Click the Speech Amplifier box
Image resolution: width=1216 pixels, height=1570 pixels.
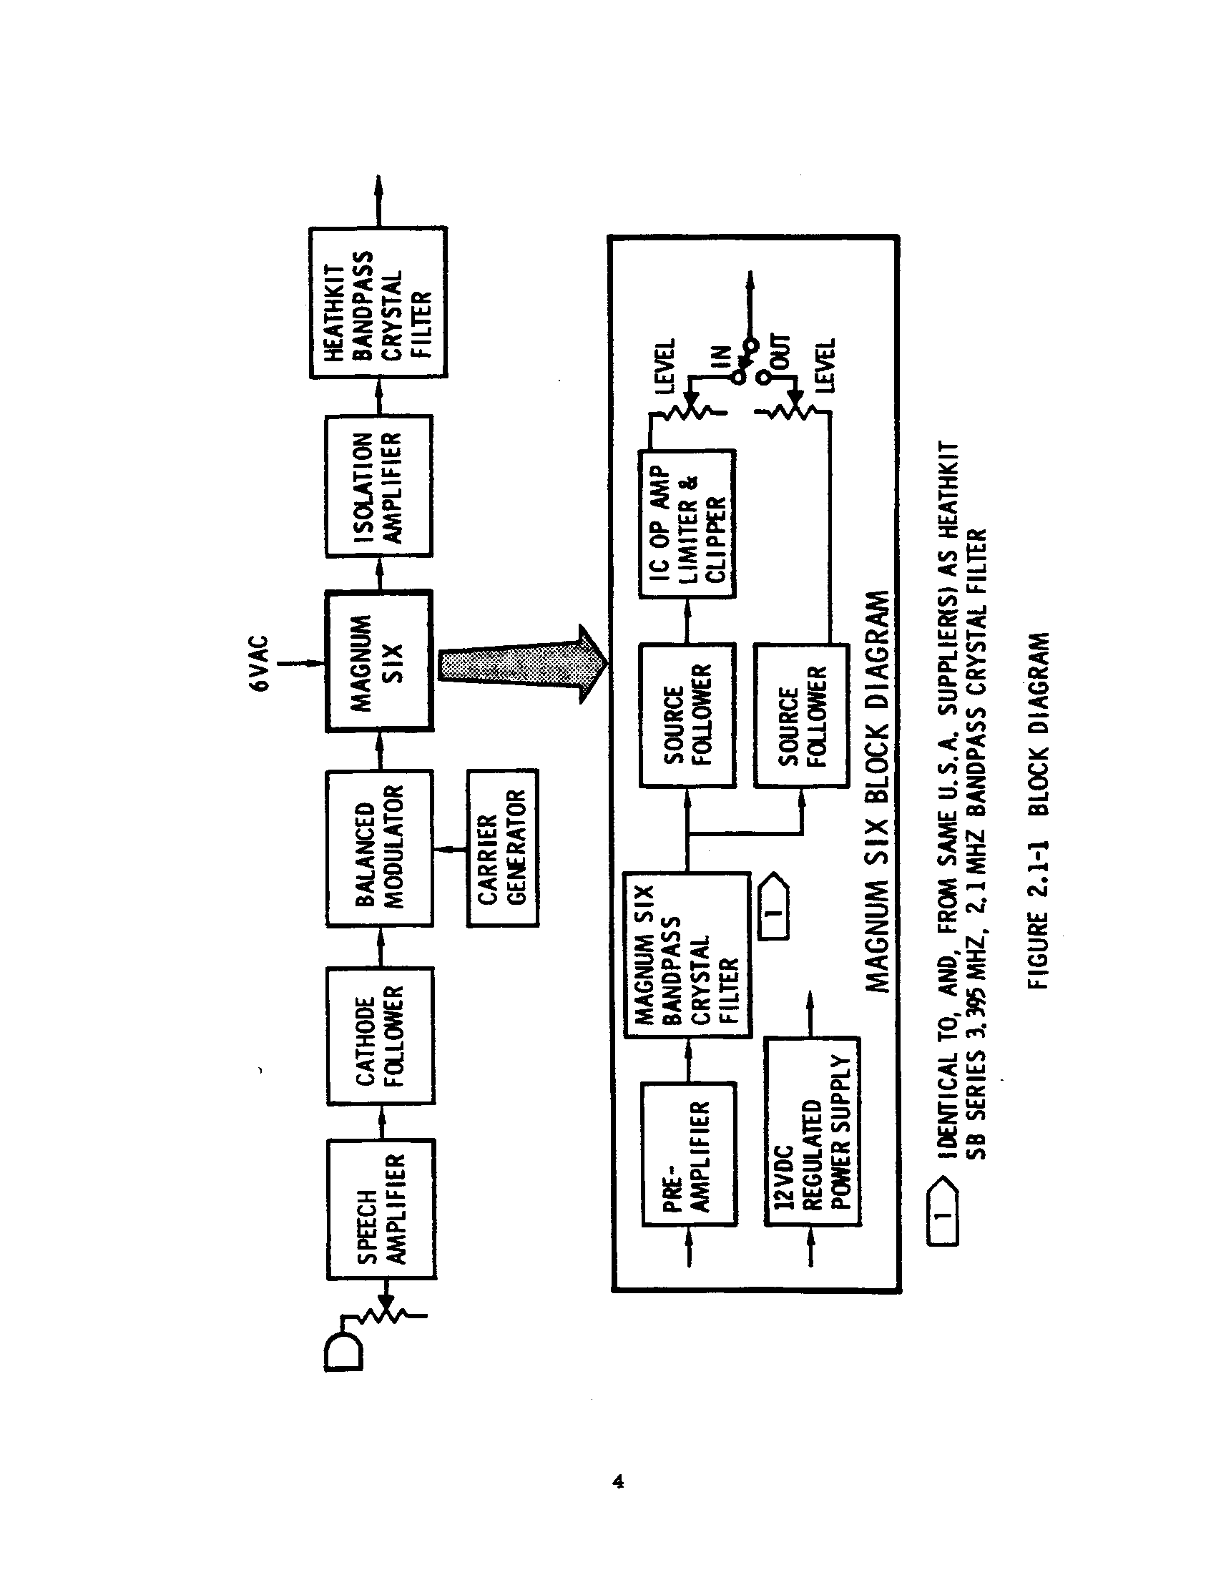coord(381,1209)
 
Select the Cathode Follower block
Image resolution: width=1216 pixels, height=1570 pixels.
coord(381,1036)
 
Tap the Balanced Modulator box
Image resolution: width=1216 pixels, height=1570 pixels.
coord(380,848)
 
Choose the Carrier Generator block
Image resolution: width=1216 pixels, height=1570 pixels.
coord(502,848)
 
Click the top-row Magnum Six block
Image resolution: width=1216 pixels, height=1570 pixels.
coord(379,662)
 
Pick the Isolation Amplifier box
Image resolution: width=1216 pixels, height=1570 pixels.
coord(379,486)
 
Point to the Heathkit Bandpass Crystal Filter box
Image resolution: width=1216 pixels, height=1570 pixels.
coord(378,303)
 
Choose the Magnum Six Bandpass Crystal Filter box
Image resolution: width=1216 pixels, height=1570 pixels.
coord(687,956)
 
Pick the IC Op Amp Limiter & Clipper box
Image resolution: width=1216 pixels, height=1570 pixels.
coord(687,524)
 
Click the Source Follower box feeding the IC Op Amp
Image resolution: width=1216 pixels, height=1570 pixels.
coord(687,715)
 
